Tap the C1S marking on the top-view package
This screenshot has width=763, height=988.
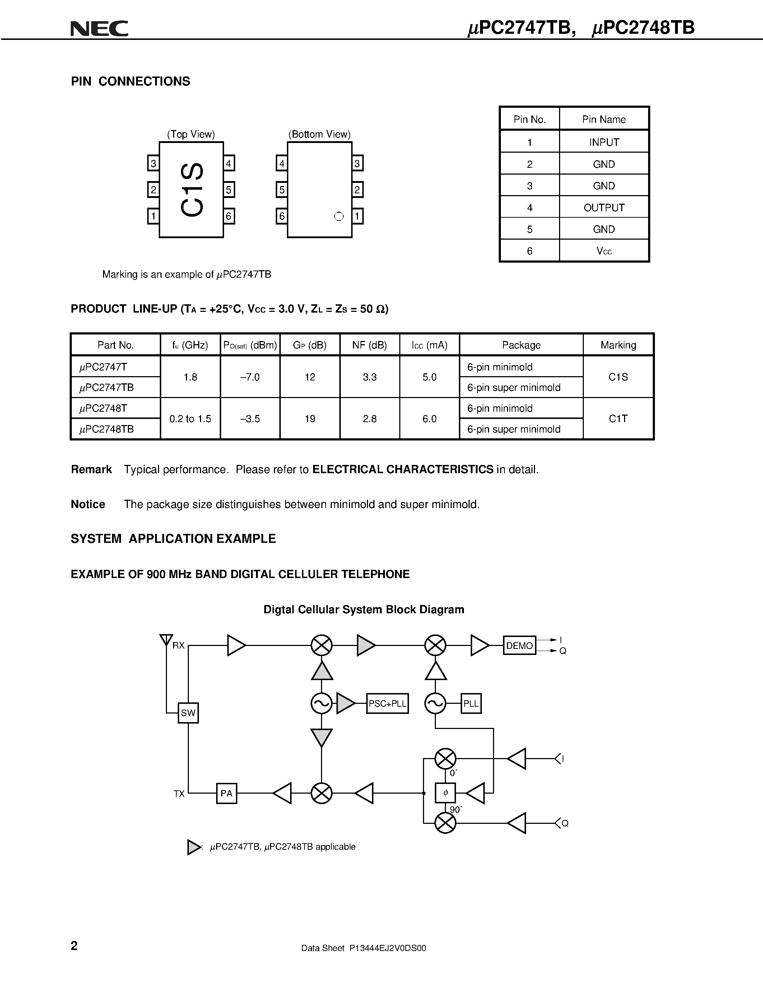click(x=192, y=190)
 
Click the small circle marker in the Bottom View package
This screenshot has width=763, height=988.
click(x=339, y=217)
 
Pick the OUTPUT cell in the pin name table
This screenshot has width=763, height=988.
click(x=604, y=208)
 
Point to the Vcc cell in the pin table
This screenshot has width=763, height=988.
click(x=604, y=251)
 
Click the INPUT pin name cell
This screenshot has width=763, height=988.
click(x=604, y=143)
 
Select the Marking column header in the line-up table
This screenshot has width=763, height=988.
click(x=618, y=345)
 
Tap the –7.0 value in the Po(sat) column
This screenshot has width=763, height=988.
click(x=250, y=377)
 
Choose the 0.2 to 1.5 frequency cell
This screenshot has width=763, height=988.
click(x=190, y=419)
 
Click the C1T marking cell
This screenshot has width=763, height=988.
click(x=618, y=419)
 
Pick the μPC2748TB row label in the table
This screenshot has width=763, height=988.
click(x=107, y=429)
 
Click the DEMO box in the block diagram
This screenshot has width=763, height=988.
click(x=519, y=646)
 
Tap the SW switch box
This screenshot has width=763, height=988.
click(x=188, y=713)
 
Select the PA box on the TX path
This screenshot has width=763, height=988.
click(x=227, y=793)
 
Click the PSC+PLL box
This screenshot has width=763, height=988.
click(x=387, y=703)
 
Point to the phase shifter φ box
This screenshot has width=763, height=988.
click(x=445, y=793)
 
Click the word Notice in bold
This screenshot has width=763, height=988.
click(x=88, y=504)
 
